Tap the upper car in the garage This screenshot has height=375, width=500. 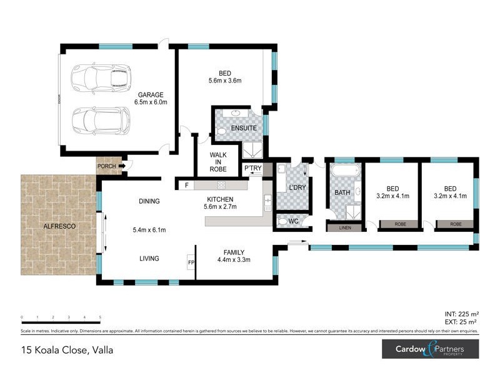(100, 77)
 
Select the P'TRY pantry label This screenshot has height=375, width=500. (252, 169)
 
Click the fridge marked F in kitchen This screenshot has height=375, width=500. (186, 185)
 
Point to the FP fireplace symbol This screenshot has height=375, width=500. (191, 262)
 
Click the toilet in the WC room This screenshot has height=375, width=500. (284, 221)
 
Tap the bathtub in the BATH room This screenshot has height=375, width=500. (344, 171)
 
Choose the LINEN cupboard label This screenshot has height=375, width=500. (345, 227)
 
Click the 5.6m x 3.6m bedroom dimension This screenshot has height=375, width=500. (225, 81)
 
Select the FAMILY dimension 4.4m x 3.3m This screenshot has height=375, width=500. (234, 259)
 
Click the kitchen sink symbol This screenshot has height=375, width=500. (267, 202)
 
